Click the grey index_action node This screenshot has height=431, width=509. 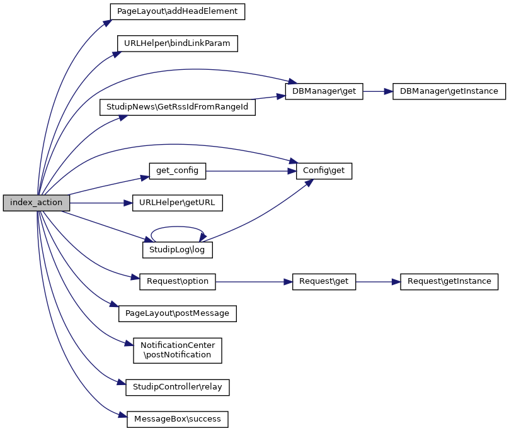[36, 203]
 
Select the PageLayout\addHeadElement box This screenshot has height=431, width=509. [177, 11]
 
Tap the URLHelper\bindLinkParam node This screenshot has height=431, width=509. [178, 43]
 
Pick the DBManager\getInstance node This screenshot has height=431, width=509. [449, 91]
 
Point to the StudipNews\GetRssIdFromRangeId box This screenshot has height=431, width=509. [178, 108]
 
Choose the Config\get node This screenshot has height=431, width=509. [324, 171]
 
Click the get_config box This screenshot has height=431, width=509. [178, 171]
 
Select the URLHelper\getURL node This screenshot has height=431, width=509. [178, 203]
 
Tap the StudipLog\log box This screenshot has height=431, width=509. [178, 250]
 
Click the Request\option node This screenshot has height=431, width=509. [178, 281]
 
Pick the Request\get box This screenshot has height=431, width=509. [324, 281]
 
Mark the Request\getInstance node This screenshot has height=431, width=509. [449, 281]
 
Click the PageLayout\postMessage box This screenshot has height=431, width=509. [178, 313]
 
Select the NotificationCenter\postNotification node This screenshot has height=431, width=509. [178, 350]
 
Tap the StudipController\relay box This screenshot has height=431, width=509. [178, 387]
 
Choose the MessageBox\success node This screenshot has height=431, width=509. [178, 418]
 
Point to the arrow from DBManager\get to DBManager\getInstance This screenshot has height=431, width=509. [374, 91]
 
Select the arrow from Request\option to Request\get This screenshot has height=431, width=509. [254, 281]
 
